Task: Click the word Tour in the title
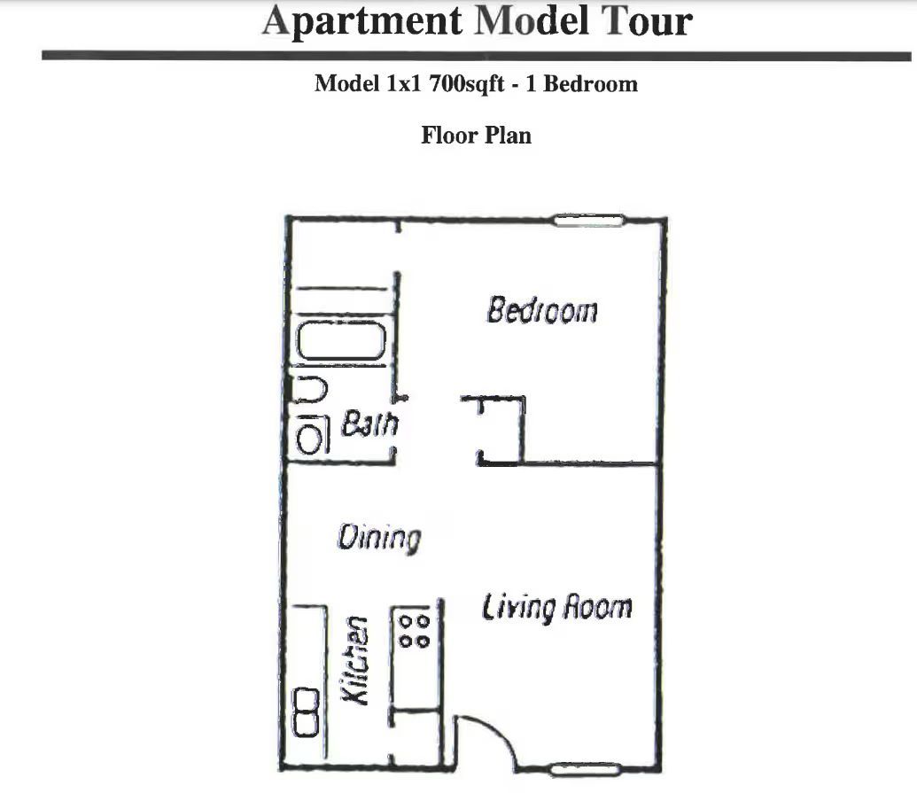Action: pos(646,19)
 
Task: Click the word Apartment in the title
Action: pos(365,19)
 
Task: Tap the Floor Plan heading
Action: pos(476,136)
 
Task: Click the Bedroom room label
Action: pos(542,311)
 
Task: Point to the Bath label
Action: pos(370,424)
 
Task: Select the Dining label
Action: pos(378,538)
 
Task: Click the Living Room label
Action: pos(556,608)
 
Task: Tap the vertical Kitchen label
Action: pos(355,661)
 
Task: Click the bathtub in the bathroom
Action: pos(340,342)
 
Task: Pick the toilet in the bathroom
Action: pos(310,389)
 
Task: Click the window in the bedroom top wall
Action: pos(589,220)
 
